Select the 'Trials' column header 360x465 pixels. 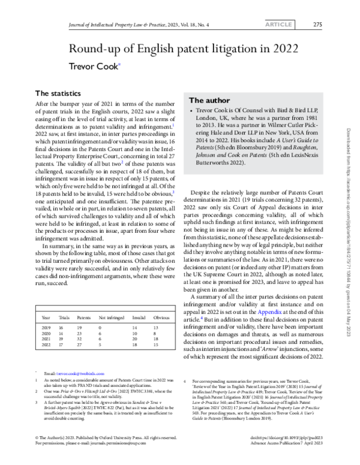[64, 317]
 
